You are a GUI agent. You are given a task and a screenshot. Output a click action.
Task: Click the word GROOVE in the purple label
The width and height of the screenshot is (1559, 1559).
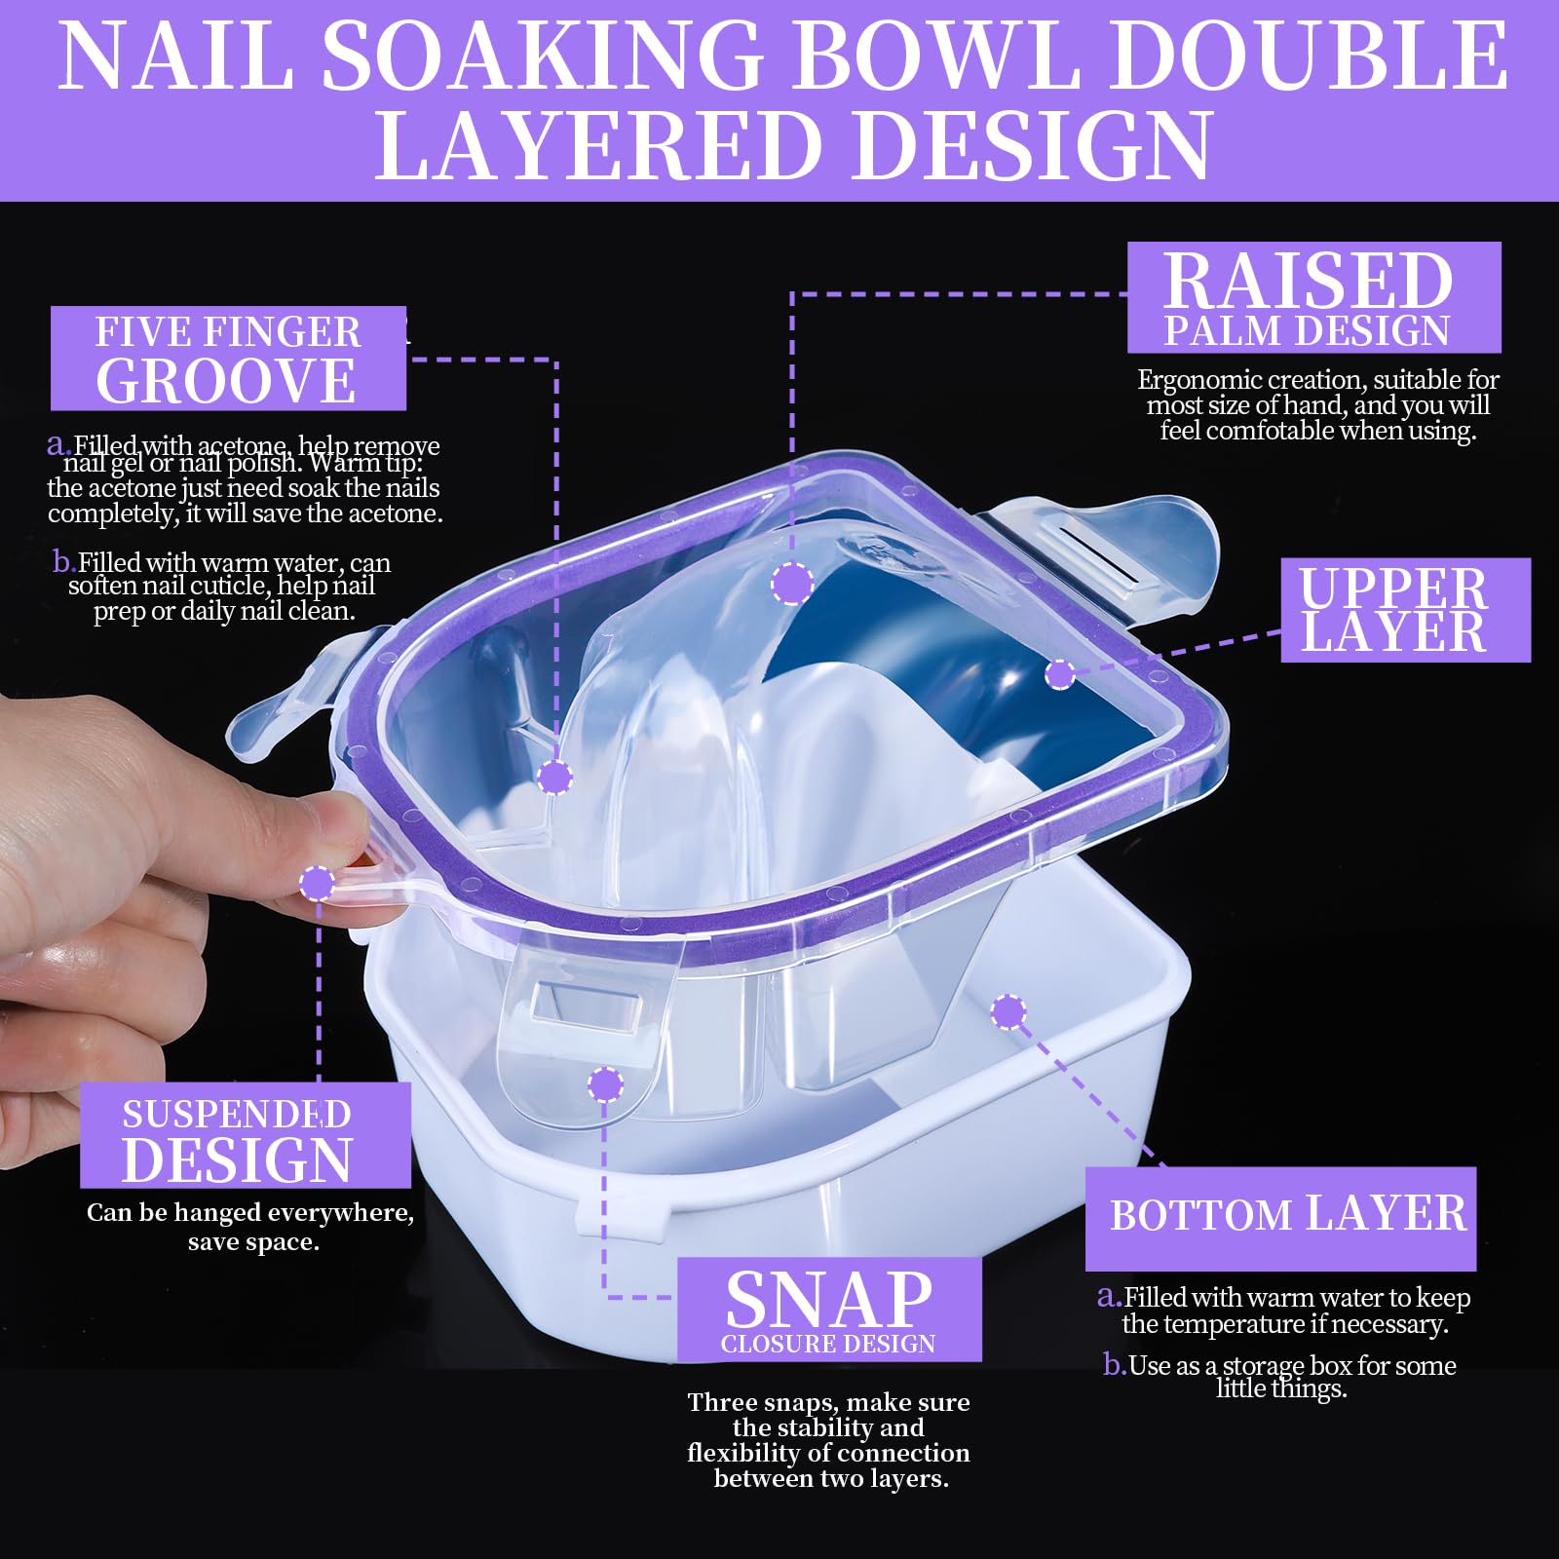(x=226, y=381)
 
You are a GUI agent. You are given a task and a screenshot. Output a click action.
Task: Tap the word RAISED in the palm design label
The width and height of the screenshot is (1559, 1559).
(x=1308, y=282)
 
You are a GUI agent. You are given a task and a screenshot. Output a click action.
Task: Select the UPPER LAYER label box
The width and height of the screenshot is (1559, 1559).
(x=1404, y=610)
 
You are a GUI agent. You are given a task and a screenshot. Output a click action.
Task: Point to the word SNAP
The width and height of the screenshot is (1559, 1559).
(x=829, y=1299)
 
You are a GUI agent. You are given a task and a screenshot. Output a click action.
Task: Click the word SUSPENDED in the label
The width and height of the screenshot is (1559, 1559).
(x=236, y=1115)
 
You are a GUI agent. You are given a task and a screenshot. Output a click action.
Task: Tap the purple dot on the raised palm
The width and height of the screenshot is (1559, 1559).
(x=791, y=584)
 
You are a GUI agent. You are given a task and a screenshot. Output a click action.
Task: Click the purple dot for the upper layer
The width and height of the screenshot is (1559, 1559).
(x=1060, y=673)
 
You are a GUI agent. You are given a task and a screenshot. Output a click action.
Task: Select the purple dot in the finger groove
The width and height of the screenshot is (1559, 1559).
(x=554, y=778)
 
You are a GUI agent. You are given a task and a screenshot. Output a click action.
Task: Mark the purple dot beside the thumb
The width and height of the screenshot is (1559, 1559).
(x=317, y=884)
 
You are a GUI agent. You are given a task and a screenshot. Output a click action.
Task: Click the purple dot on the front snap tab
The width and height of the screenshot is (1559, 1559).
(x=605, y=1084)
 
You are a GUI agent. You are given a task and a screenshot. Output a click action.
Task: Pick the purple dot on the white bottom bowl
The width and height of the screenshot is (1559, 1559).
(x=1008, y=1011)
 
